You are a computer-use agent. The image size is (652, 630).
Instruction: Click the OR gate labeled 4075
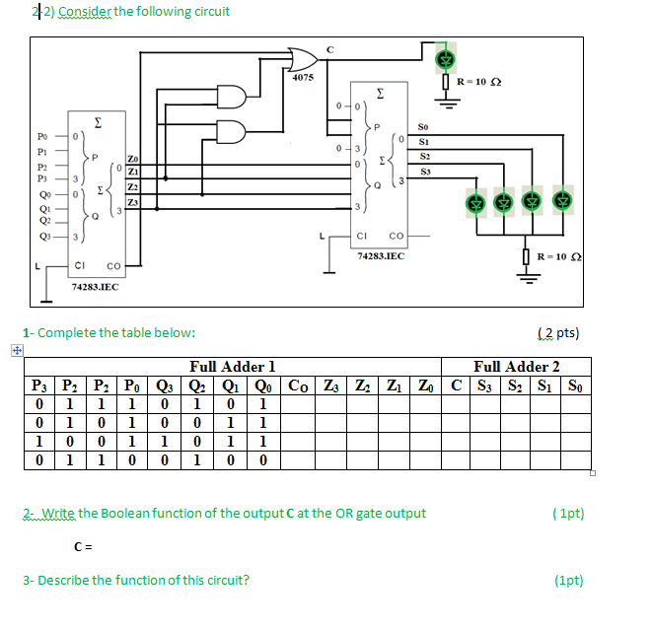coord(300,56)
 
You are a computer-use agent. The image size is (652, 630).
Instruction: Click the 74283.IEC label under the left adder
coord(96,286)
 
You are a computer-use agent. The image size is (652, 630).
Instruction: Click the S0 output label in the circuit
coord(423,127)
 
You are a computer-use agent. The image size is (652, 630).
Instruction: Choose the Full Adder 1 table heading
coord(232,367)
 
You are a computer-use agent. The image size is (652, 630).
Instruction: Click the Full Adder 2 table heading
coord(516,367)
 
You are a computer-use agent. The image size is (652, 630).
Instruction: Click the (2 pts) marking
coord(558,332)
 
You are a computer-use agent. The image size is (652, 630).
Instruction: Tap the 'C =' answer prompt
coord(83,546)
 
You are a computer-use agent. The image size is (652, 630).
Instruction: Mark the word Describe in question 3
coord(61,580)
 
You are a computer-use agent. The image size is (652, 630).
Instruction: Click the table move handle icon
coord(15,350)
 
